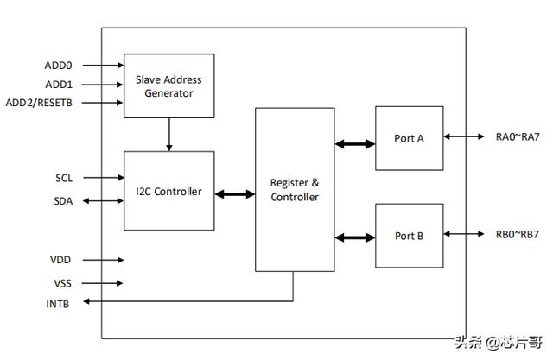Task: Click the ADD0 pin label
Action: [58, 66]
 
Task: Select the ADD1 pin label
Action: [59, 85]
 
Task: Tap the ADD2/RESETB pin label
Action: [39, 103]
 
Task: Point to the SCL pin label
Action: [64, 178]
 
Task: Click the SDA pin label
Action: [63, 201]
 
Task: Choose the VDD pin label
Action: [60, 260]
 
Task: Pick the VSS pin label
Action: [62, 283]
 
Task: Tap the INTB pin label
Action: [58, 304]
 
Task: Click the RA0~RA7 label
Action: [518, 136]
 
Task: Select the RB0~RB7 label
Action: [518, 234]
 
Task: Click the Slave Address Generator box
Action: [169, 86]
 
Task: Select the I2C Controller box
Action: [169, 191]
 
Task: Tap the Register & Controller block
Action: [295, 190]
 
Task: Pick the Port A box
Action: [409, 138]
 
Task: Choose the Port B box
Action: [409, 236]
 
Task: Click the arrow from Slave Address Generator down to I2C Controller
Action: [169, 135]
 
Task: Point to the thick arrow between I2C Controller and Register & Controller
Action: [235, 193]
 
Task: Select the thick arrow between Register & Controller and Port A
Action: [355, 143]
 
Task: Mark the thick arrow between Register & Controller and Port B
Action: [355, 237]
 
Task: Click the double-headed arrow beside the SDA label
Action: [104, 201]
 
